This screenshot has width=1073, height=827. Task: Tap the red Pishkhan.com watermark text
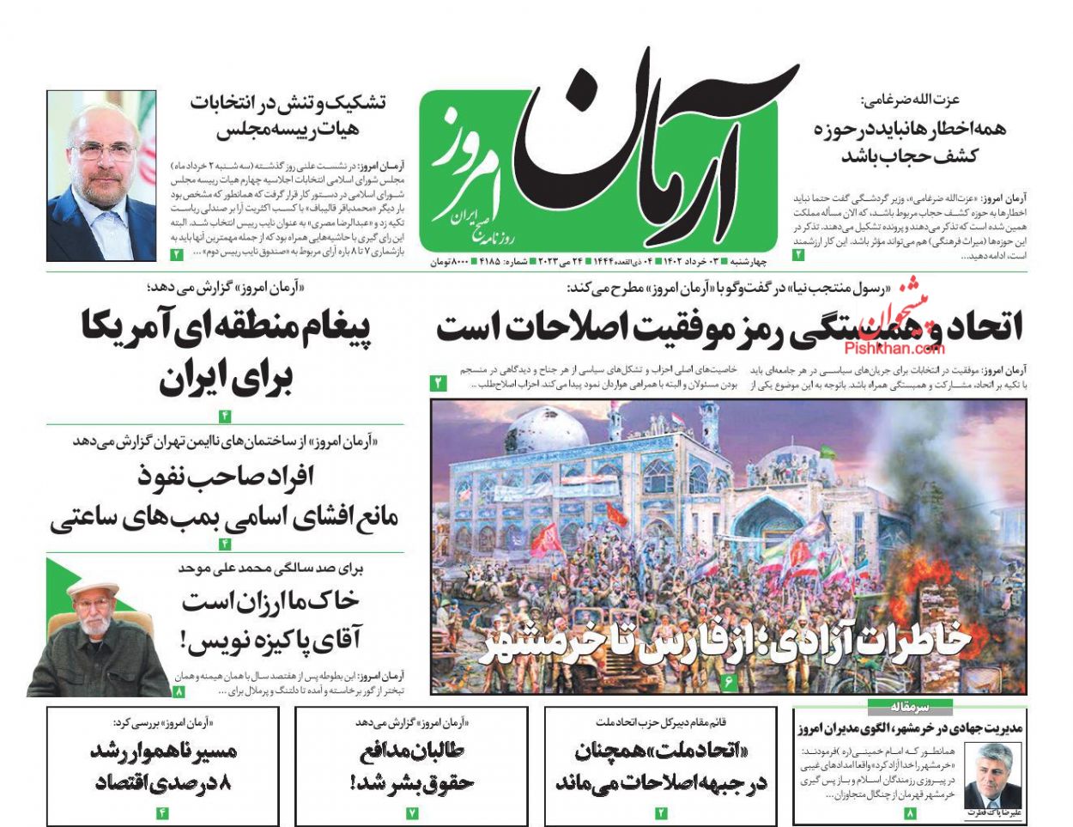point(894,348)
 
